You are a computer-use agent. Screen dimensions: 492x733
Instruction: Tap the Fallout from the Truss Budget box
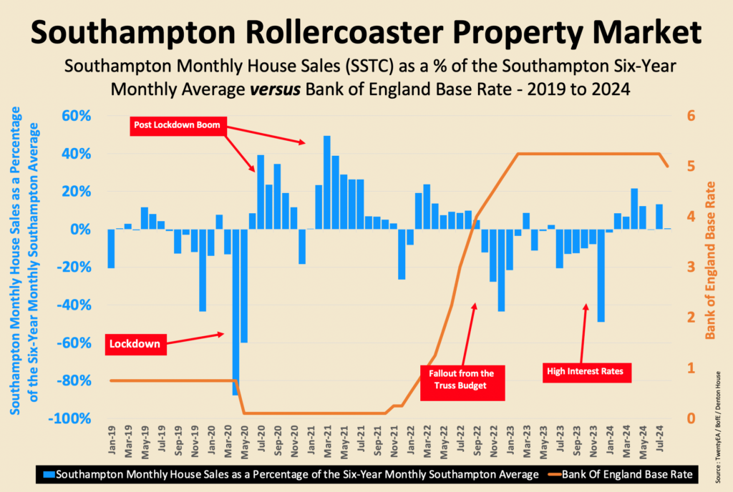tap(462, 379)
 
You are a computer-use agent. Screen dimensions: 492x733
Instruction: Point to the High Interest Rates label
tap(586, 371)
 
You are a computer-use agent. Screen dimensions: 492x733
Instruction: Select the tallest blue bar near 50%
tap(327, 182)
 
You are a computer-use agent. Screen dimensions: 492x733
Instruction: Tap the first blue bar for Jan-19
tap(111, 249)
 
